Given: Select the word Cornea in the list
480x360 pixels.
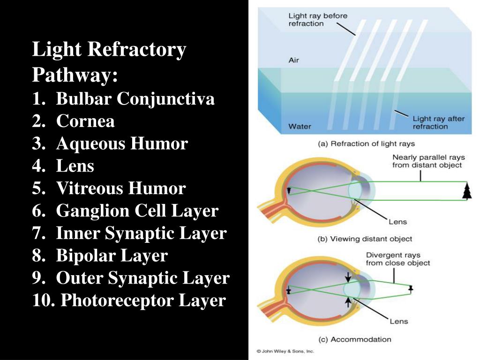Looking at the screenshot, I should pos(85,121).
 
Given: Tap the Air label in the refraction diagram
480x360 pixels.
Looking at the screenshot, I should pos(293,60).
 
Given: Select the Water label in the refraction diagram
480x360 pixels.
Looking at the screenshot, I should pos(300,126).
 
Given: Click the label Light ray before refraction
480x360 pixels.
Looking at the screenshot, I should pos(317,20).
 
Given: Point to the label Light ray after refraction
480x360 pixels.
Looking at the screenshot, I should pos(438,122).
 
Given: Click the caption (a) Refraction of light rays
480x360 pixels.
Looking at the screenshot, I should pos(366,144).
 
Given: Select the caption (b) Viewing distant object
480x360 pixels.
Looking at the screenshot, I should pos(365,239).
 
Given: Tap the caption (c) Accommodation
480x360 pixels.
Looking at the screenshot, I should pos(354,339).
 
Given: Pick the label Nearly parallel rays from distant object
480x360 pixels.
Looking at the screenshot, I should pos(427,161).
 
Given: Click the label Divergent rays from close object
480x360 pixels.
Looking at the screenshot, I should pos(397,259).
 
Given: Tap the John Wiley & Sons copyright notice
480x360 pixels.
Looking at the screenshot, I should pos(285,351).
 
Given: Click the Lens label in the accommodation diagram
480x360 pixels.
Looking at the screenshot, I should pos(398,321).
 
